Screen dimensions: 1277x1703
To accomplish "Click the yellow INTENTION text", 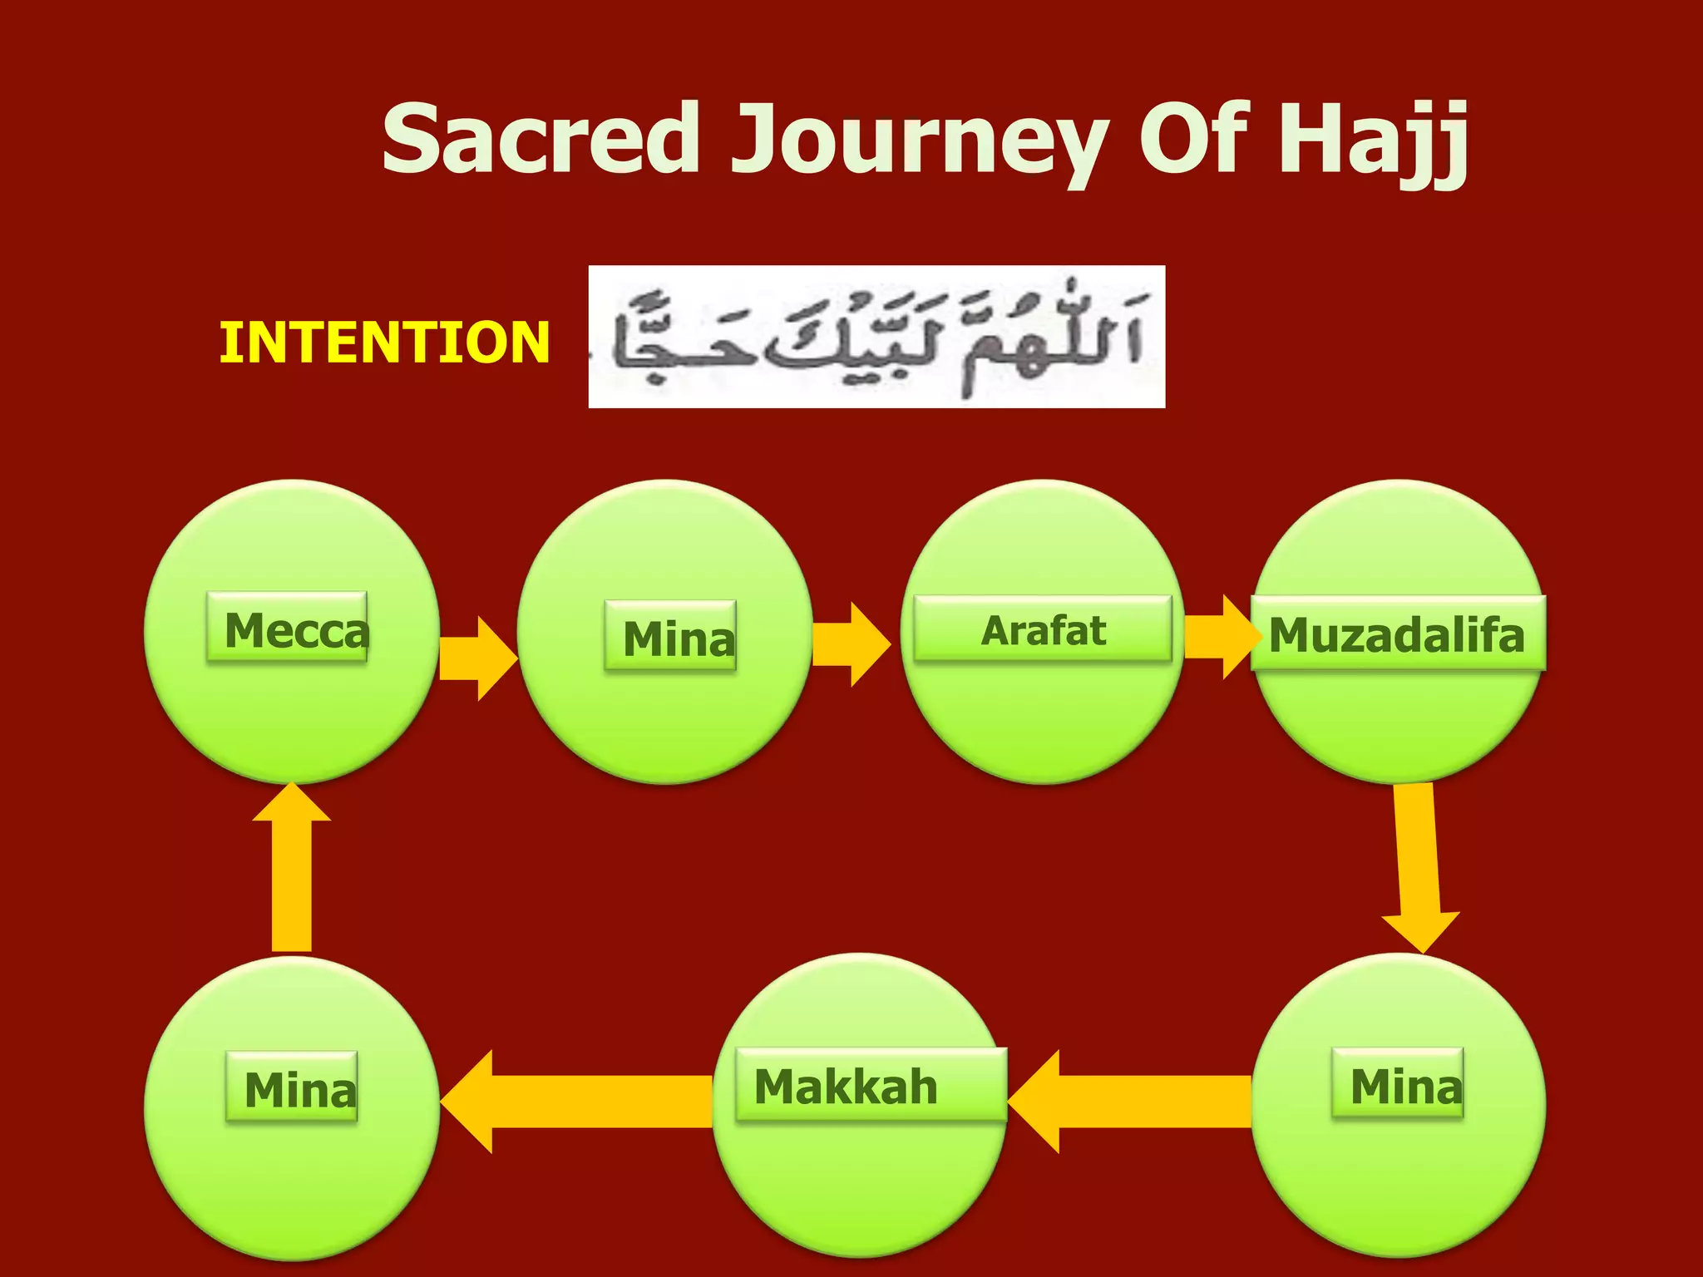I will tap(384, 343).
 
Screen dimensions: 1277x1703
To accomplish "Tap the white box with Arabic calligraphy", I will tap(876, 337).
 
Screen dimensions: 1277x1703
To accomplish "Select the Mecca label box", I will tap(287, 628).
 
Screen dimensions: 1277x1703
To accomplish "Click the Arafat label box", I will tap(1043, 629).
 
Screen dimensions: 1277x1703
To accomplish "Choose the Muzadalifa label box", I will tap(1398, 634).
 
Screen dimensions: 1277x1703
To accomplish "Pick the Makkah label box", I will tap(871, 1085).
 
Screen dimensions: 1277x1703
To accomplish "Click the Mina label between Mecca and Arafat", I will tap(670, 636).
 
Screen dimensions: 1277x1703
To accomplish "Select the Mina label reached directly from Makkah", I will tap(292, 1087).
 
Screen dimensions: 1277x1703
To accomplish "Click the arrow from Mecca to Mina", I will tap(476, 658).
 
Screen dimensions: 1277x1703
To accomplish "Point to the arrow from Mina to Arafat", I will tap(850, 644).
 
